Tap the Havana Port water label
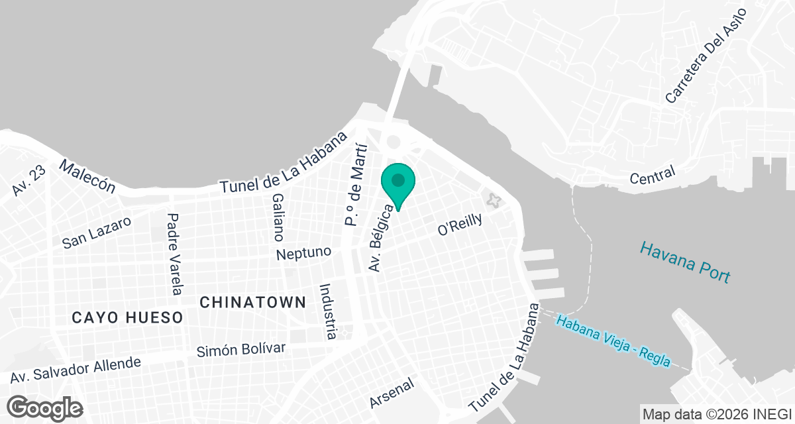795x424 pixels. point(685,262)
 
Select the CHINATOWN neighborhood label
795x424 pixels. point(252,303)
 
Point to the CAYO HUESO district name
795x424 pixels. point(127,318)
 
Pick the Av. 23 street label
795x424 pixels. point(28,182)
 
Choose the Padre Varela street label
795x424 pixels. point(174,253)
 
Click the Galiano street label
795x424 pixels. point(278,217)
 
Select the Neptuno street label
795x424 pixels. point(303,253)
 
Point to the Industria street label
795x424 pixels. point(328,311)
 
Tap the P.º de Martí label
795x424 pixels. point(355,184)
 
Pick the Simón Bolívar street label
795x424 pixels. point(240,350)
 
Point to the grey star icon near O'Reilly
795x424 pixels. point(492,199)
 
